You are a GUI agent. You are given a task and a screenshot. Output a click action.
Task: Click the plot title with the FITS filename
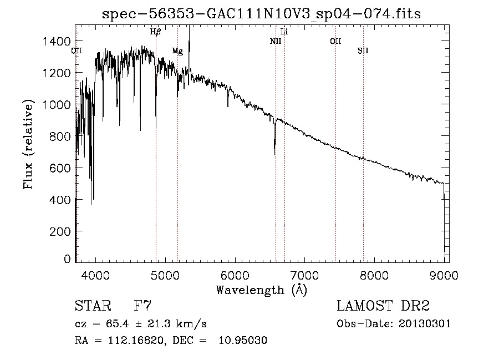tap(262, 14)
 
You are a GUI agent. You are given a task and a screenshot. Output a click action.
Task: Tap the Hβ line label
tap(156, 32)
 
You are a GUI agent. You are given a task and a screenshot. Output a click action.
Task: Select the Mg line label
tap(177, 51)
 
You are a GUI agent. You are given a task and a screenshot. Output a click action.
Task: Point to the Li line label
tap(284, 32)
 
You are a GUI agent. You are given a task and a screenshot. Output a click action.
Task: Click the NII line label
tap(276, 41)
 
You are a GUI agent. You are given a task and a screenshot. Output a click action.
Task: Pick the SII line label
tap(363, 51)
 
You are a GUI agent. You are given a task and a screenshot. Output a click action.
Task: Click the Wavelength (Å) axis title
tap(261, 290)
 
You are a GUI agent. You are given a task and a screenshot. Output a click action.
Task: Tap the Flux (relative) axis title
tap(28, 144)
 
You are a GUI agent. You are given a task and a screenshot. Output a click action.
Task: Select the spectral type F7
tap(142, 306)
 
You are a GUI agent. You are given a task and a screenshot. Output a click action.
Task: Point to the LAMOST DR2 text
tap(383, 306)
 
